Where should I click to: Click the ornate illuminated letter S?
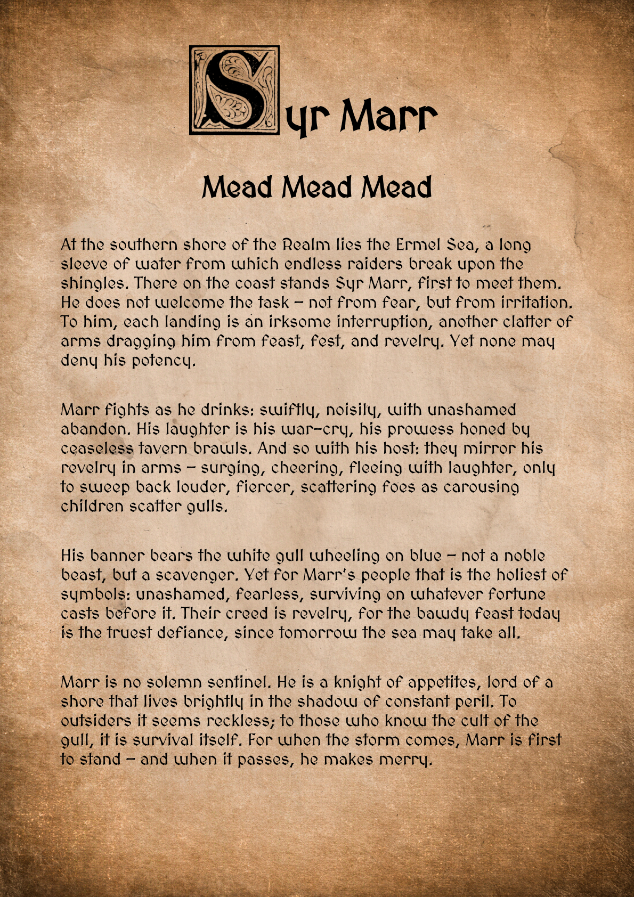tap(234, 90)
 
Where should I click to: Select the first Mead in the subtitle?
tap(237, 187)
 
